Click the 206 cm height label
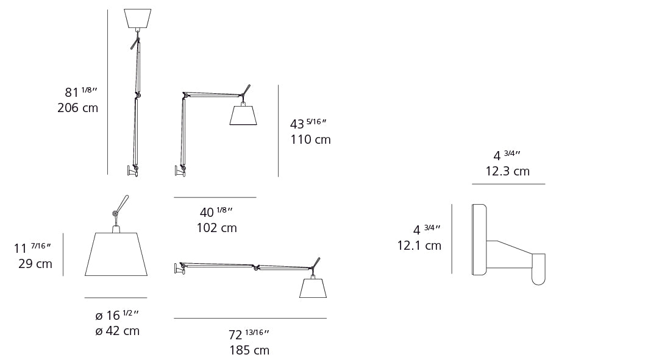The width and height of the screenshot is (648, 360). click(77, 108)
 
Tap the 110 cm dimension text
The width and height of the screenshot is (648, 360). click(310, 139)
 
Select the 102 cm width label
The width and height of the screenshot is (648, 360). click(216, 228)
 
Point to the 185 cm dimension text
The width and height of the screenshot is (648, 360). click(249, 350)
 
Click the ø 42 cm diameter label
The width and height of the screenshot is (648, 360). click(117, 331)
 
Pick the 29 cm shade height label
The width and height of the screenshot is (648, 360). click(35, 264)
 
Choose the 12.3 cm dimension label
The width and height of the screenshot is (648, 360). click(507, 171)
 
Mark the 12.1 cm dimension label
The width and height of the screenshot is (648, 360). click(419, 245)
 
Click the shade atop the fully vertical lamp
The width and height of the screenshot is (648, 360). click(138, 18)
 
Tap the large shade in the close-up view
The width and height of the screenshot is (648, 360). click(116, 254)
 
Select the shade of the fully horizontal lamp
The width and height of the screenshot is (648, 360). click(313, 288)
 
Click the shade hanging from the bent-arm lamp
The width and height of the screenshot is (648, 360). click(243, 115)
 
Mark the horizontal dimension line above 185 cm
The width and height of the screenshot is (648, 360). click(250, 318)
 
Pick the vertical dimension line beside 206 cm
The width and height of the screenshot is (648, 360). click(107, 91)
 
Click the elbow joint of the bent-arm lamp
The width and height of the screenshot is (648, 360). click(185, 95)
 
